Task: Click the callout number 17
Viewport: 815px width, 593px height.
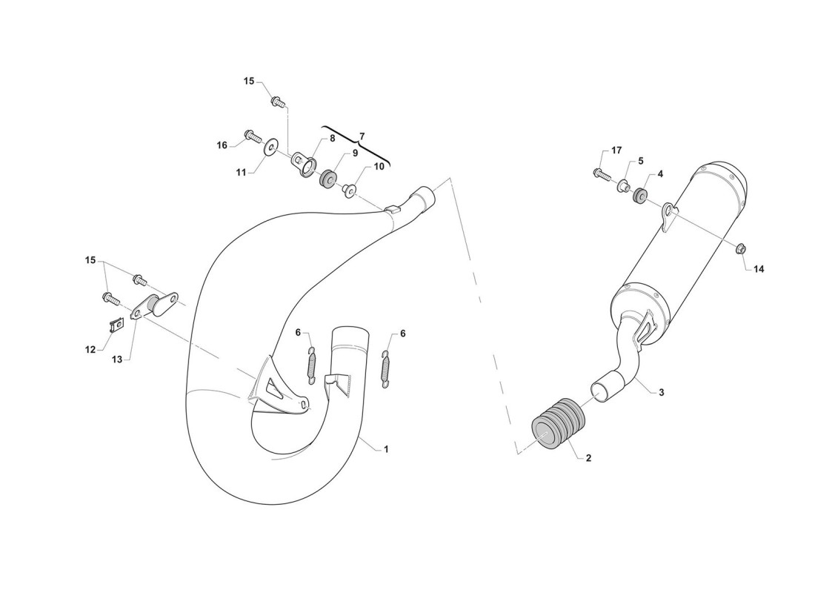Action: (x=616, y=150)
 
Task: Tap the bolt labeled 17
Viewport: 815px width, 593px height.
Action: (x=600, y=173)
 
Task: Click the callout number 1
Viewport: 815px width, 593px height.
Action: (x=386, y=449)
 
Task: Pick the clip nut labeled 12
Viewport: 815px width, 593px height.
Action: (x=117, y=326)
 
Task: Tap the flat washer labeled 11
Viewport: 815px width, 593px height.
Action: (x=270, y=148)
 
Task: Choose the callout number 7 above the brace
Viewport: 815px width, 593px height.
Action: (x=362, y=136)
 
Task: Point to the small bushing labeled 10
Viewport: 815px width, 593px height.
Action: (x=348, y=190)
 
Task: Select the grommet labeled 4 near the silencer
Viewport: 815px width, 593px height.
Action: (x=639, y=195)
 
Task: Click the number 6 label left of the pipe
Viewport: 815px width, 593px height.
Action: (x=299, y=332)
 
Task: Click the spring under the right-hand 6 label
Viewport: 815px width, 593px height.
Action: (x=387, y=369)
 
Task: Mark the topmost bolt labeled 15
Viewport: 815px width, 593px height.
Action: (x=278, y=100)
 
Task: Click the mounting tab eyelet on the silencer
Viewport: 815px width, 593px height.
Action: (x=670, y=212)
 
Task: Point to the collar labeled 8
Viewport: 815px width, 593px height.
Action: (x=303, y=161)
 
